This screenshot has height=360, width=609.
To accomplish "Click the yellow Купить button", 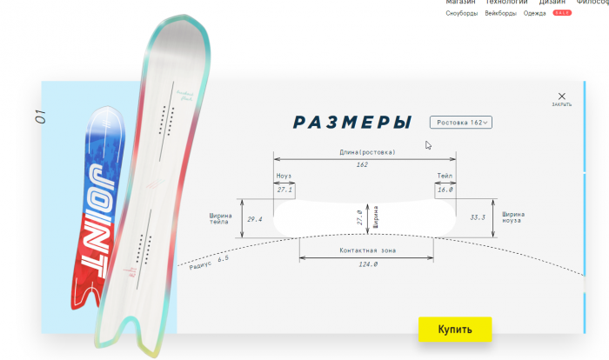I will coord(455,330).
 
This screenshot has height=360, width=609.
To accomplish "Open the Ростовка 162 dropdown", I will coord(461,123).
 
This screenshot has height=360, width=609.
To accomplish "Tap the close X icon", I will coord(562,97).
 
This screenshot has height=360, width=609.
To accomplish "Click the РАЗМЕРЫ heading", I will coord(352,122).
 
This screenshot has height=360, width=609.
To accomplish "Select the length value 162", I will coord(363,164).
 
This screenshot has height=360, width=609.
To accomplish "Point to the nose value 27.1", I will coord(284,189).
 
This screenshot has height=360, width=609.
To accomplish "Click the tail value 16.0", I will coord(445,189).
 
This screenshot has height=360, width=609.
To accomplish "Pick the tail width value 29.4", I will coord(255,219).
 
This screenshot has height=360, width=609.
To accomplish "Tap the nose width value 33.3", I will coord(478,217).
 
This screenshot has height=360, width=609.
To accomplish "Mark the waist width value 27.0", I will coord(361,217).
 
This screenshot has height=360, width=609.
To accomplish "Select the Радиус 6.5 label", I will coord(209,263).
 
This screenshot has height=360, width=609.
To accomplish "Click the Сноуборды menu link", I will coord(462,14).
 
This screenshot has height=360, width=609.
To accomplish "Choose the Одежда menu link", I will coord(523,14).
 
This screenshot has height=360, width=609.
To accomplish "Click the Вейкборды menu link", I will coord(500,14).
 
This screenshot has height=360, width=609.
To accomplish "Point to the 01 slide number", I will coord(40,117).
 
